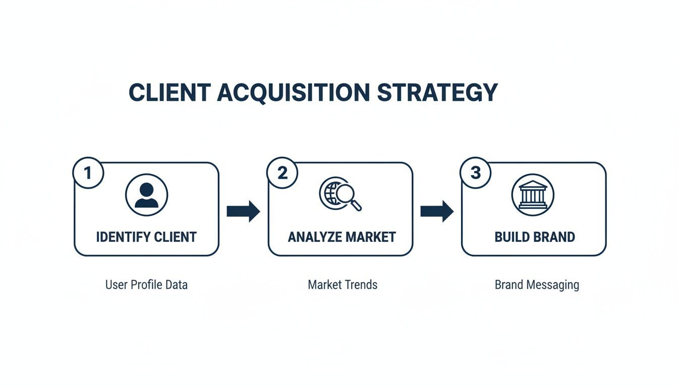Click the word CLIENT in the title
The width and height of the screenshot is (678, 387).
[x=169, y=93]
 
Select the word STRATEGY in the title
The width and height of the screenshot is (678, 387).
[x=437, y=93]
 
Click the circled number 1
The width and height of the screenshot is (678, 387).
[x=88, y=173]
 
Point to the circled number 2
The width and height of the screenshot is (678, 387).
[x=282, y=173]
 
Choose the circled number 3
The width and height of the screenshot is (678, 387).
[x=476, y=173]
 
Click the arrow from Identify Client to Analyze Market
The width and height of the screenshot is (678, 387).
[x=243, y=211]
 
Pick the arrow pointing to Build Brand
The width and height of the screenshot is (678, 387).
[x=437, y=211]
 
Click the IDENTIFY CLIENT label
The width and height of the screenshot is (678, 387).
[x=146, y=237]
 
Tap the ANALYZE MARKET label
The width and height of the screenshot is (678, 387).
[x=342, y=237]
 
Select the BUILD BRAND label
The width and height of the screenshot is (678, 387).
[x=535, y=237]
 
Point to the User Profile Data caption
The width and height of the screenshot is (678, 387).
[x=146, y=285]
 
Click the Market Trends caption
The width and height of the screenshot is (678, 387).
[x=343, y=285]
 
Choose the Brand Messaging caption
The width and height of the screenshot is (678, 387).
[x=537, y=285]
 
